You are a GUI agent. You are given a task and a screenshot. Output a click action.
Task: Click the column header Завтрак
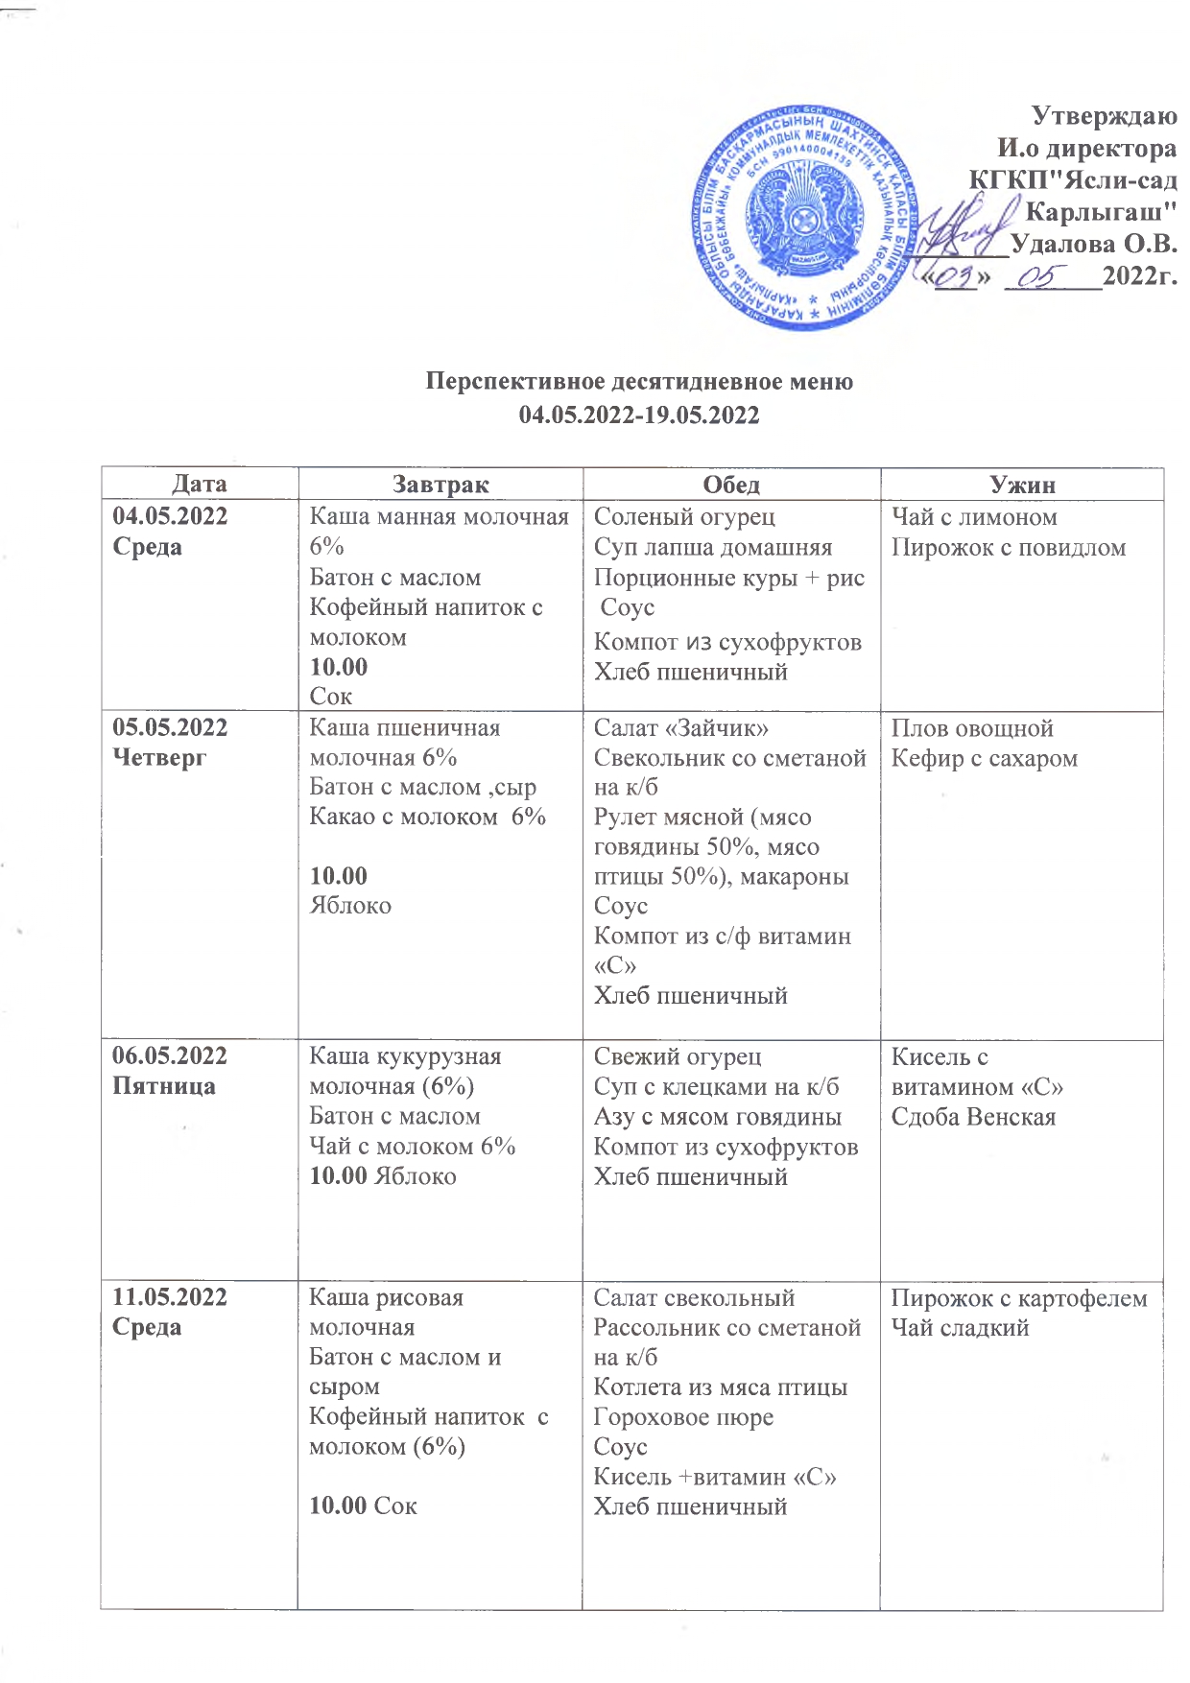click(x=440, y=485)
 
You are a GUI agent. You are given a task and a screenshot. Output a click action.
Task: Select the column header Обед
click(x=731, y=485)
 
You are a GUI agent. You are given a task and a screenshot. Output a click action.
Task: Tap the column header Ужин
click(x=1022, y=485)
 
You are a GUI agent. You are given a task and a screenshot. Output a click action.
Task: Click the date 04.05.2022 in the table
click(x=170, y=516)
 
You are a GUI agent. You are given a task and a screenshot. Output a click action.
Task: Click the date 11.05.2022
click(x=170, y=1297)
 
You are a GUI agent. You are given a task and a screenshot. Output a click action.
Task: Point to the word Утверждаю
click(x=1104, y=116)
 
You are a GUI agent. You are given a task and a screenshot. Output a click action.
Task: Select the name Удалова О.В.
click(x=1094, y=244)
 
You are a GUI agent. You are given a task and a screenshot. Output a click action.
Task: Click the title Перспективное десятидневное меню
click(x=639, y=382)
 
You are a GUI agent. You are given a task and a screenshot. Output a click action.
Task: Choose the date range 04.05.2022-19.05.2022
click(x=639, y=415)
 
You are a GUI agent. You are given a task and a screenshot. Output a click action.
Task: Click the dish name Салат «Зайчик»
click(x=680, y=728)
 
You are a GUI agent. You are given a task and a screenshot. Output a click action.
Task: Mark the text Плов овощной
click(x=972, y=728)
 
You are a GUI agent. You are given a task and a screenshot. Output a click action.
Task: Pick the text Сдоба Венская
click(x=973, y=1117)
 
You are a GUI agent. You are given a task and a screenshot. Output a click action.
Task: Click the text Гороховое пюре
click(x=683, y=1417)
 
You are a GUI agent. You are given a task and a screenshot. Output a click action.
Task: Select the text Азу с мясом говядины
click(x=717, y=1117)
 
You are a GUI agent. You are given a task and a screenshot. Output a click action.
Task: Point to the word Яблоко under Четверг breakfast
click(x=350, y=905)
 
